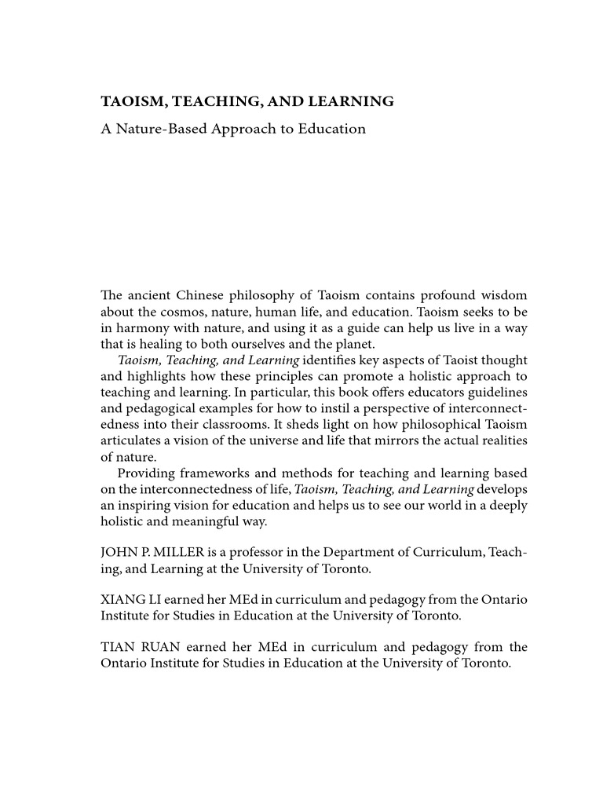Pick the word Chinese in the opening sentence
214,295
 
